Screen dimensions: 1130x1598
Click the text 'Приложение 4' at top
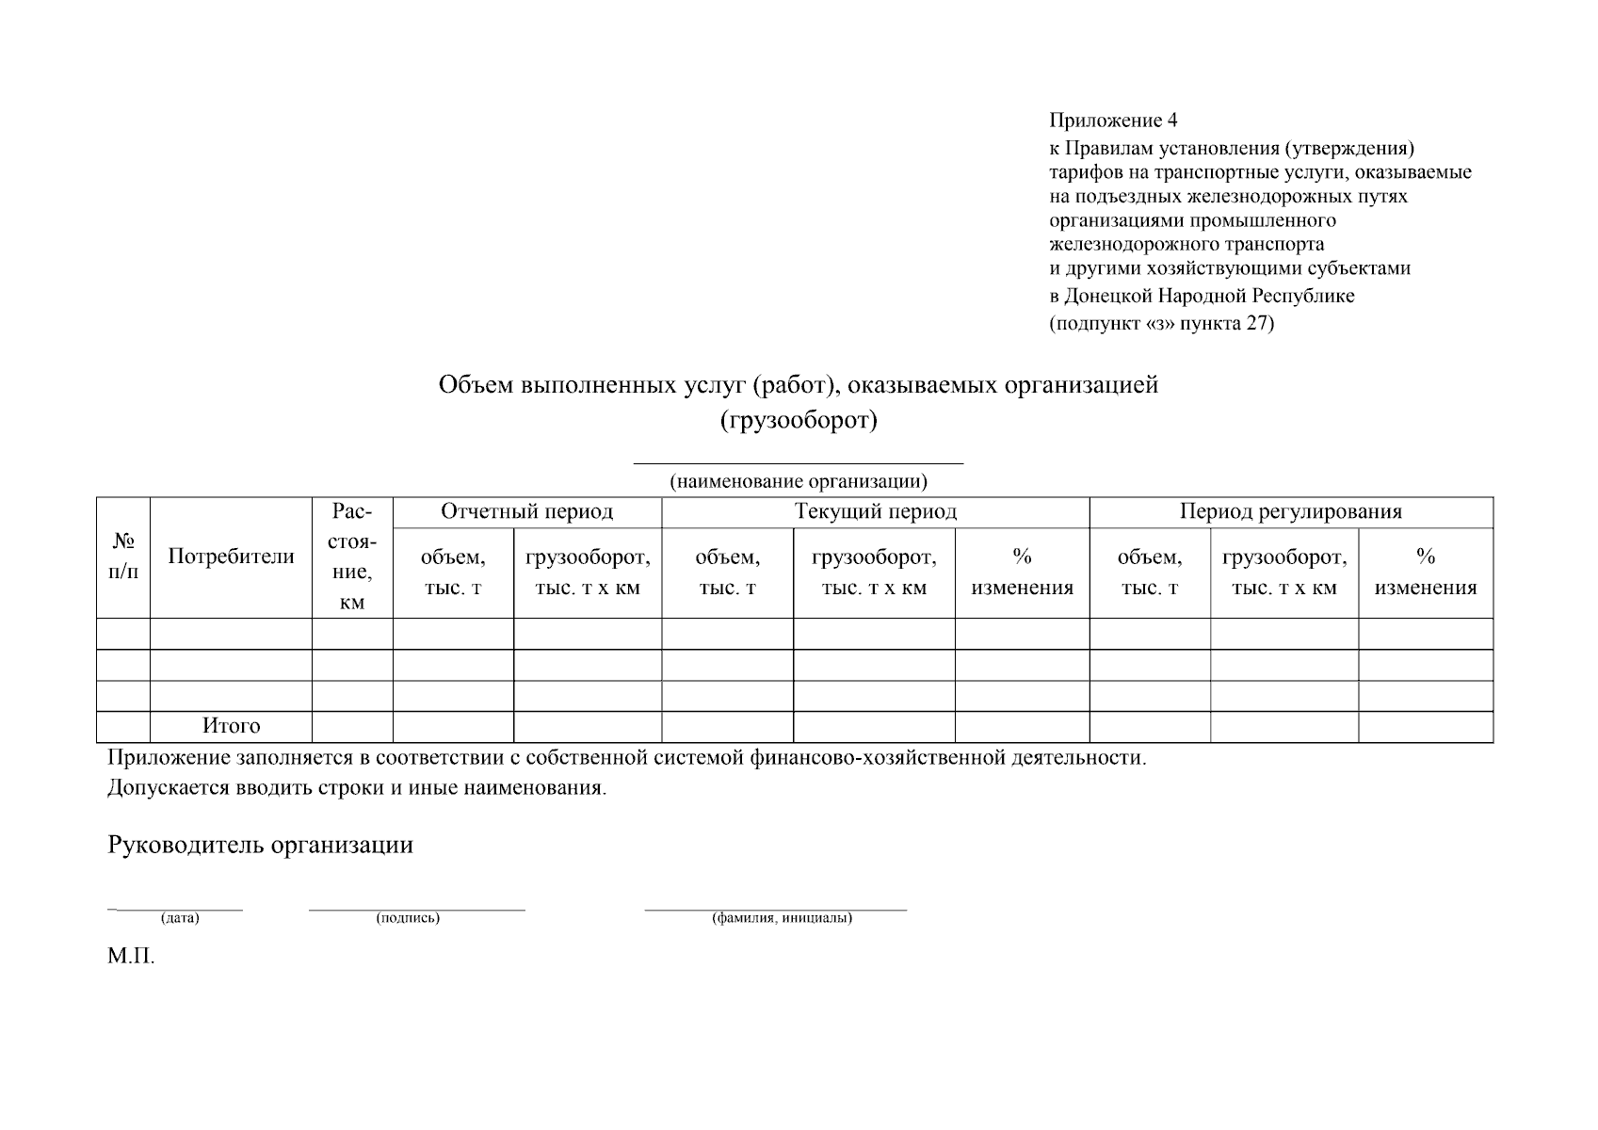point(1112,121)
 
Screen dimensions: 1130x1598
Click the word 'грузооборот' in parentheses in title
point(799,420)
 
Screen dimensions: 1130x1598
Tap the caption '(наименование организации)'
point(799,481)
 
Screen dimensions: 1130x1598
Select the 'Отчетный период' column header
point(526,511)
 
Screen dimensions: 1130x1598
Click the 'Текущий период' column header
point(875,511)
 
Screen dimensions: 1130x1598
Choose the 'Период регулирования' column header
point(1290,511)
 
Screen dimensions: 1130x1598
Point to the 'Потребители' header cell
point(231,557)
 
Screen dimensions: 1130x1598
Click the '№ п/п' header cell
point(123,557)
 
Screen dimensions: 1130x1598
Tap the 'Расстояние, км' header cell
point(352,557)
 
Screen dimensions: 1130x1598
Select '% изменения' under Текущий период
point(1022,573)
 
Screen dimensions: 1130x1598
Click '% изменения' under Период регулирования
point(1425,573)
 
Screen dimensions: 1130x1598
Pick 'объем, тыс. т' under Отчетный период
point(453,573)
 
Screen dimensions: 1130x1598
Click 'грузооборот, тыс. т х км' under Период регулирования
point(1283,573)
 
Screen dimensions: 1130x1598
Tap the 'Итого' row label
point(231,726)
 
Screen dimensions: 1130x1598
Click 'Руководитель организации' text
point(260,845)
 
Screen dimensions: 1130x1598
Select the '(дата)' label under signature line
point(180,918)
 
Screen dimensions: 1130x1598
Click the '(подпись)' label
point(407,918)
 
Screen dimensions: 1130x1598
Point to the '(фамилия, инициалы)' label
point(782,918)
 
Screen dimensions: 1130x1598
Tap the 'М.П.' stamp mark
point(130,958)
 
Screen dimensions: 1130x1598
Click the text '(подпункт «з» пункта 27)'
point(1161,324)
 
